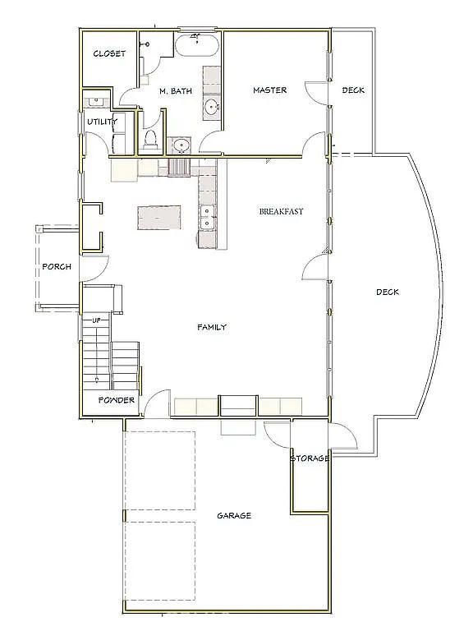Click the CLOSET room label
pos(109,53)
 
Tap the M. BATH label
pos(176,91)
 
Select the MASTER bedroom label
pos(270,90)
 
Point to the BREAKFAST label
pos(281,211)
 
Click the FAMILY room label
pos(212,327)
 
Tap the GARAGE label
pos(234,515)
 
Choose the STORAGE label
pos(310,458)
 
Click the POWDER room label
pos(117,400)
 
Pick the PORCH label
pos(57,266)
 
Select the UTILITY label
pos(103,122)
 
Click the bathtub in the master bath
pos(197,45)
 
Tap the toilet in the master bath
pos(150,139)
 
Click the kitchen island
pos(158,218)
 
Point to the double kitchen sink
pos(207,217)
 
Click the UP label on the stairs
pos(97,320)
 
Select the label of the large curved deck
pos(388,292)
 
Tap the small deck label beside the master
pos(354,90)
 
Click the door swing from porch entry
pos(94,268)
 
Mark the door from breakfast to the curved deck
pos(315,266)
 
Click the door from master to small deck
pos(317,94)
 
